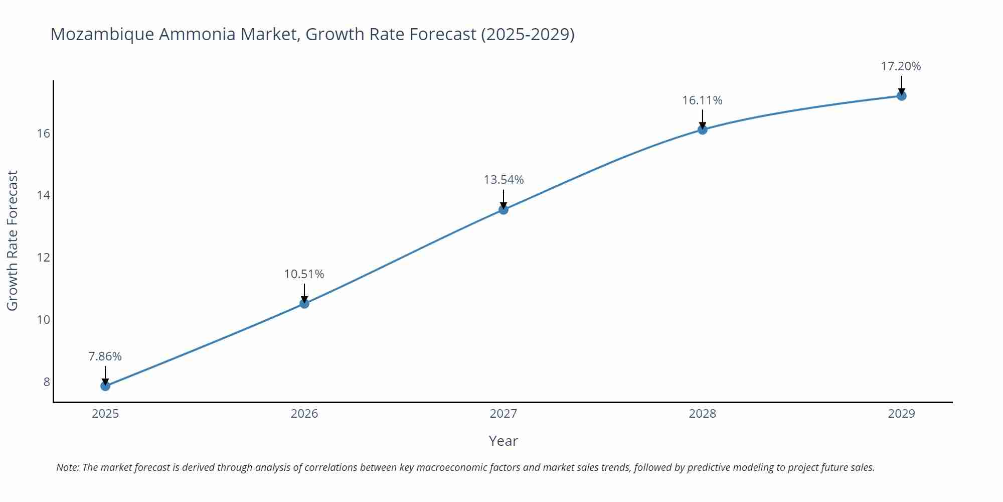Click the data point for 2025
click(105, 386)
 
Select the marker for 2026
click(304, 303)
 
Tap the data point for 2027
click(504, 209)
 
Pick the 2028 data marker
click(703, 130)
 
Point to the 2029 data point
click(901, 96)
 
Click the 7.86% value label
click(105, 356)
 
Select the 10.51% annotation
click(304, 274)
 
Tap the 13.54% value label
click(504, 180)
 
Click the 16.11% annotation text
click(702, 100)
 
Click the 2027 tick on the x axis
click(504, 414)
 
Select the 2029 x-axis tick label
click(901, 414)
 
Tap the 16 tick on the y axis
click(44, 134)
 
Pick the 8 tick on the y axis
click(47, 382)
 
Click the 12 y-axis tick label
click(44, 258)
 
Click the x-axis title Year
click(503, 441)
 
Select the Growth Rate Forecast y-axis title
click(12, 240)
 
